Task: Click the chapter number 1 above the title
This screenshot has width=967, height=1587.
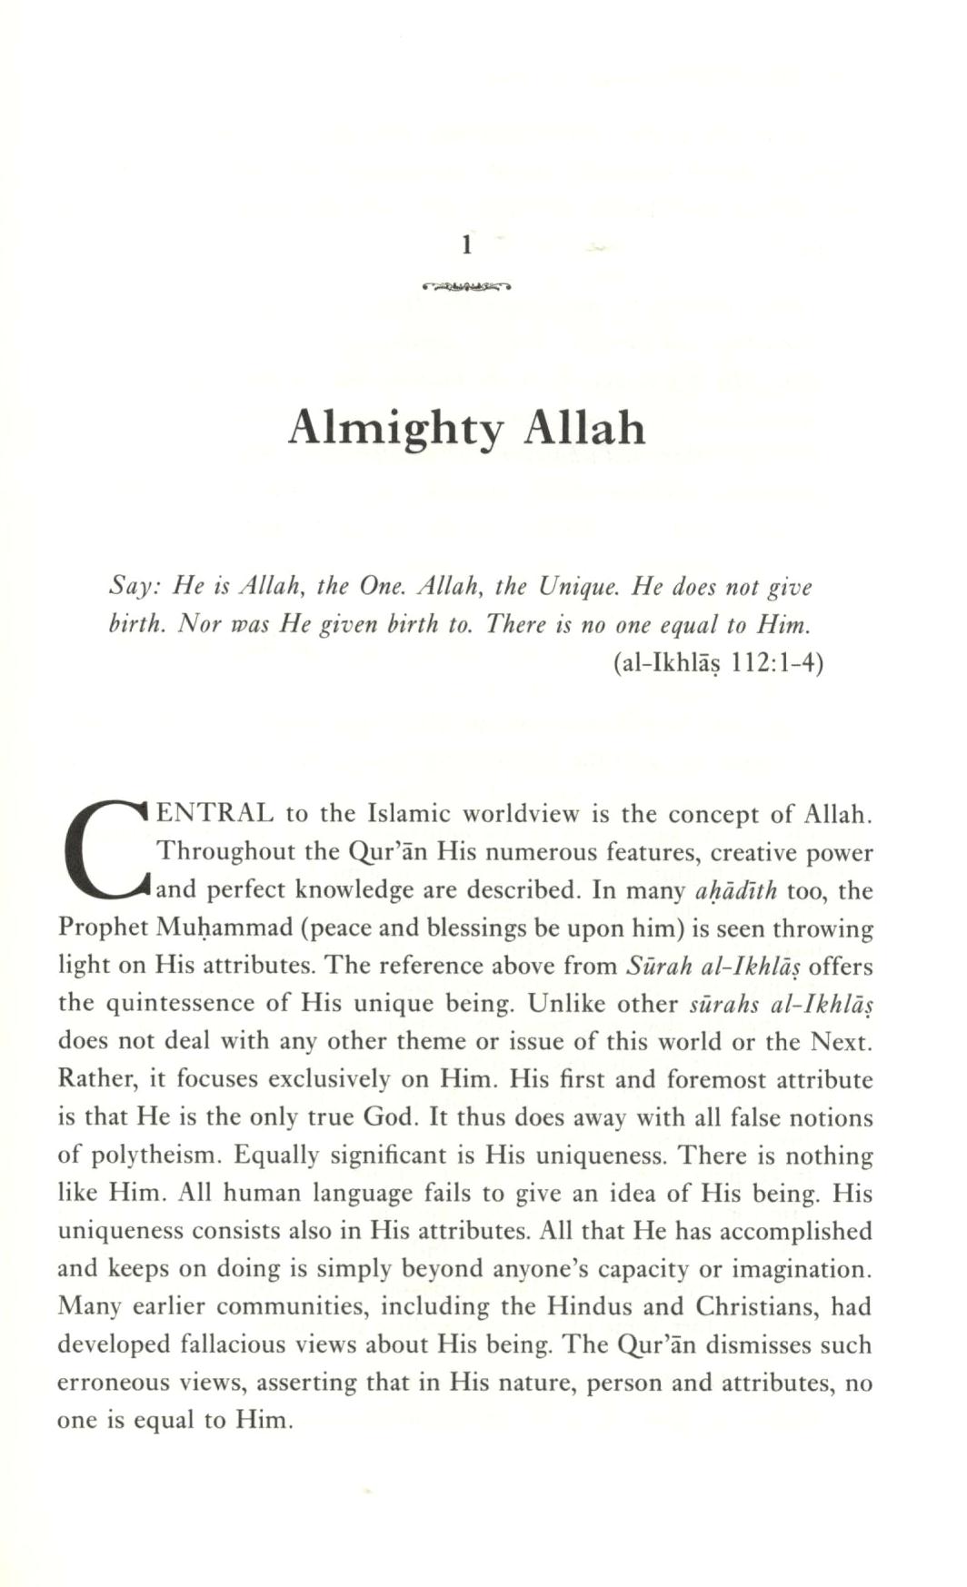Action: [x=466, y=245]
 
